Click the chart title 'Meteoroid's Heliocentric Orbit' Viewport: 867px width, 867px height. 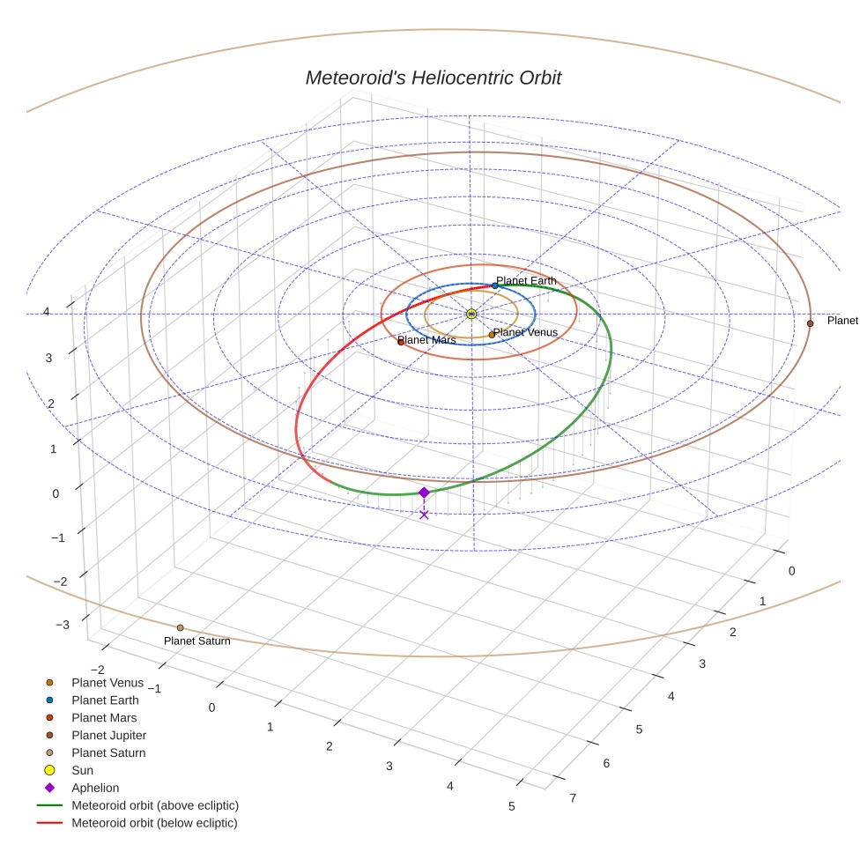click(x=433, y=78)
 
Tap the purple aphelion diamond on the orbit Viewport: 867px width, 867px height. click(x=424, y=493)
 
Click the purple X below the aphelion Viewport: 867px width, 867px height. click(x=424, y=515)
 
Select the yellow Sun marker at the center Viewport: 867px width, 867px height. click(x=471, y=314)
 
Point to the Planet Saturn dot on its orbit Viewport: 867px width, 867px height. click(x=180, y=628)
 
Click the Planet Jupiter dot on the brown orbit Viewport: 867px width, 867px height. click(x=810, y=323)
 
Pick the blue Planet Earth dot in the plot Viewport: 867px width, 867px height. click(x=495, y=285)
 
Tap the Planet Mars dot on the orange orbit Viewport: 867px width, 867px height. click(x=401, y=342)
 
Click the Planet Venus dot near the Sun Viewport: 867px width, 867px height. click(x=492, y=335)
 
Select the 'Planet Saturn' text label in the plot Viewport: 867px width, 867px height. click(x=197, y=641)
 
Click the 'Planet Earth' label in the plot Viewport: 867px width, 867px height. click(x=527, y=281)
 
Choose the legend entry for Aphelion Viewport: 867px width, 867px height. click(x=95, y=788)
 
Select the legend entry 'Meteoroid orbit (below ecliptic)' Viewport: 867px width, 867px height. click(x=154, y=823)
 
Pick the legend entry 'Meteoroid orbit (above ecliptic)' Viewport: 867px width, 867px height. click(x=155, y=805)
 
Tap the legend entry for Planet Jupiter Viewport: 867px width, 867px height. click(x=108, y=735)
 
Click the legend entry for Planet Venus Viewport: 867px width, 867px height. click(x=107, y=682)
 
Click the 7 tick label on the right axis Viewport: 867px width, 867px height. click(x=574, y=798)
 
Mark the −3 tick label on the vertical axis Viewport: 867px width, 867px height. click(x=62, y=625)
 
